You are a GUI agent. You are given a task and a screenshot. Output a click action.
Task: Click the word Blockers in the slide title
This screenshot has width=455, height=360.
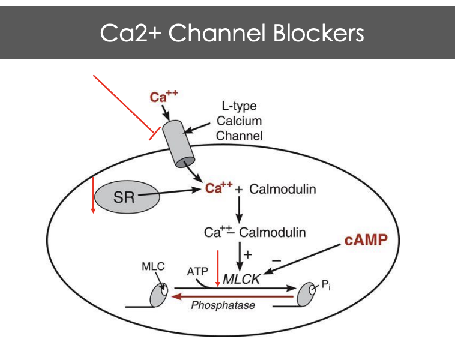click(x=320, y=33)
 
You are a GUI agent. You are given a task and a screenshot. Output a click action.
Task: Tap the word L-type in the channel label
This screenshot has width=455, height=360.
click(x=239, y=107)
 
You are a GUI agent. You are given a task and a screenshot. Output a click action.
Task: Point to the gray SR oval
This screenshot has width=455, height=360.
click(x=127, y=196)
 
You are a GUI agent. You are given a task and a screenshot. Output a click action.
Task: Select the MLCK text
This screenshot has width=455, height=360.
click(x=241, y=279)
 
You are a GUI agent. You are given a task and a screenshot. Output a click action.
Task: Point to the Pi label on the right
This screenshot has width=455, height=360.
click(x=325, y=286)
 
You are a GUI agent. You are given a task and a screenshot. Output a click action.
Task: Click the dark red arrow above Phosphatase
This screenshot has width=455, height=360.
click(x=234, y=295)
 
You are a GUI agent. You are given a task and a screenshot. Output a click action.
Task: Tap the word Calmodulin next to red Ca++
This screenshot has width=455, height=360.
click(x=282, y=190)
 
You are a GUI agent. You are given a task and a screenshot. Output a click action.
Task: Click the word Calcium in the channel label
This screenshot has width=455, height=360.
click(x=239, y=121)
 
